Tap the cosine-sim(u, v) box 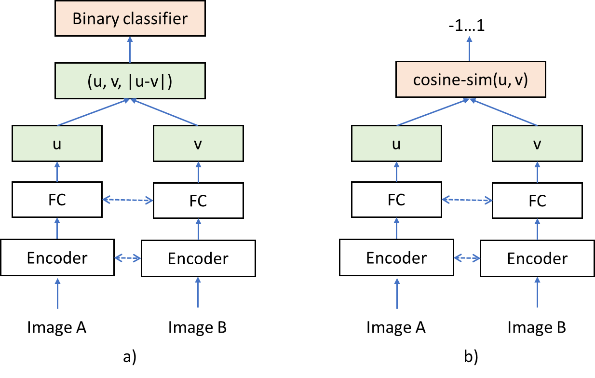tap(470, 80)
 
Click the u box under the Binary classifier tap(57, 144)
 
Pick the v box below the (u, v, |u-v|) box tap(198, 144)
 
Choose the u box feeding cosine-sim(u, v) tap(396, 144)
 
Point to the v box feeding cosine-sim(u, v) tap(537, 144)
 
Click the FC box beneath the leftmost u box tap(57, 200)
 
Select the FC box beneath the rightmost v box tap(537, 200)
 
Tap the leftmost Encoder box tap(57, 258)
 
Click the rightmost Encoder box tap(537, 258)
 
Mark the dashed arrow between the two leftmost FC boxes tap(128, 200)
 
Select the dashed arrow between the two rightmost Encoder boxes tap(467, 258)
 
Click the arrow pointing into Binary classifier tap(130, 50)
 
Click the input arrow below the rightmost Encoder tap(537, 293)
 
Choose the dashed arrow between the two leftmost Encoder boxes tap(128, 258)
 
